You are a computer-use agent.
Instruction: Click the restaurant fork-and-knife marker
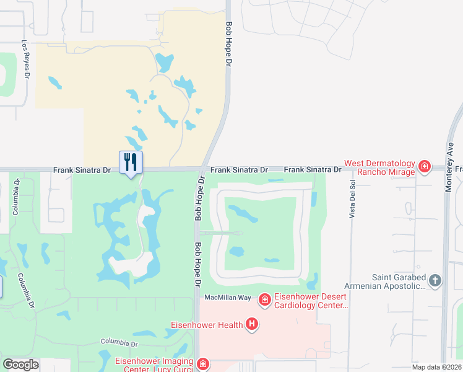[x=131, y=162]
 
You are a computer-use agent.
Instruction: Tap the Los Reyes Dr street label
[x=25, y=60]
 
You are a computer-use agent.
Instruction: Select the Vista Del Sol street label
[x=353, y=200]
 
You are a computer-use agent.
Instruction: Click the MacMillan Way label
[x=228, y=298]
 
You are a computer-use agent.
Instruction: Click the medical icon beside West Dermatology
[x=425, y=166]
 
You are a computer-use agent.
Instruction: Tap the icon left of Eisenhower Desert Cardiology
[x=264, y=300]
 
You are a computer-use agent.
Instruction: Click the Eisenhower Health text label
[x=209, y=323]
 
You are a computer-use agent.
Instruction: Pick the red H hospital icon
[x=251, y=323]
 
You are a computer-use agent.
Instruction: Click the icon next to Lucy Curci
[x=202, y=365]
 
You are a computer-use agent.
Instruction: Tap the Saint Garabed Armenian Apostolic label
[x=399, y=281]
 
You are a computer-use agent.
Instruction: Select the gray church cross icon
[x=435, y=281]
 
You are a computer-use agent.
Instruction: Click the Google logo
[x=20, y=365]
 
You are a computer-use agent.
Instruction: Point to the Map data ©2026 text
[x=436, y=367]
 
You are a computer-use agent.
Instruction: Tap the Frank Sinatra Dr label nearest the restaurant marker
[x=82, y=169]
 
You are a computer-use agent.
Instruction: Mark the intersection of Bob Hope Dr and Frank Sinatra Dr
[x=202, y=169]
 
